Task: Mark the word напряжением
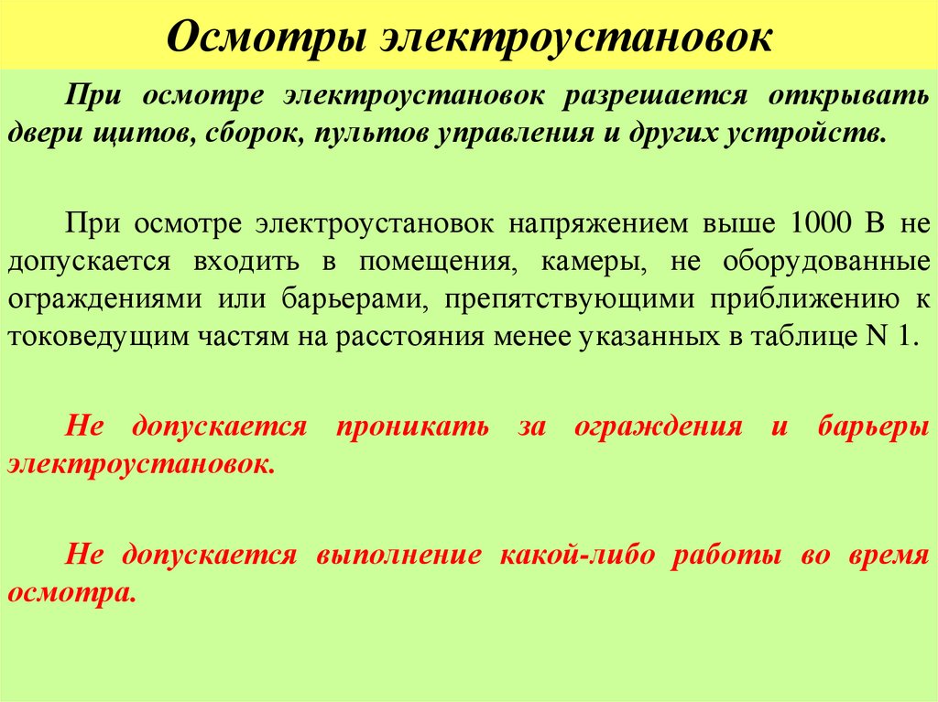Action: [x=606, y=223]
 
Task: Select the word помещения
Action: [x=432, y=261]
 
